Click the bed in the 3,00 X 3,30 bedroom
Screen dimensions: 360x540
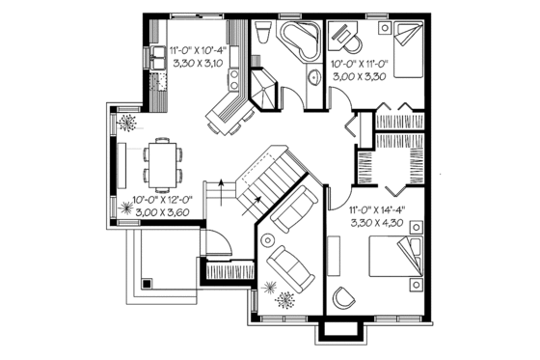point(400,47)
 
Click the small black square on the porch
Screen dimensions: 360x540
point(145,285)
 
